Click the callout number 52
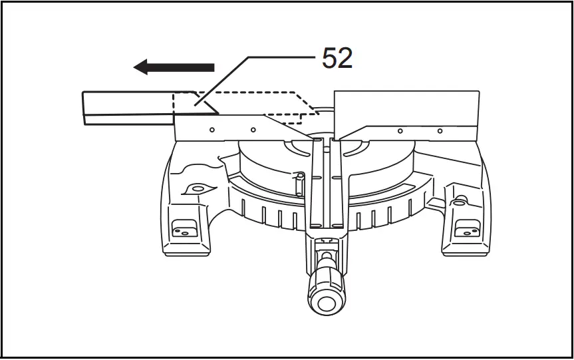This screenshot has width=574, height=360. click(x=337, y=59)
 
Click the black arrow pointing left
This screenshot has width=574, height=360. click(x=174, y=67)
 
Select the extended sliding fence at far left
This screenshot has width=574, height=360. click(x=126, y=108)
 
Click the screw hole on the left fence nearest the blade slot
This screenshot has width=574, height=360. click(x=253, y=130)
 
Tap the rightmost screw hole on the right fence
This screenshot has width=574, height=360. click(x=440, y=131)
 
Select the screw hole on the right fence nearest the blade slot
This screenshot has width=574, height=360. click(x=399, y=131)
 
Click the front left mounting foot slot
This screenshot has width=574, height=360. click(x=182, y=232)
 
